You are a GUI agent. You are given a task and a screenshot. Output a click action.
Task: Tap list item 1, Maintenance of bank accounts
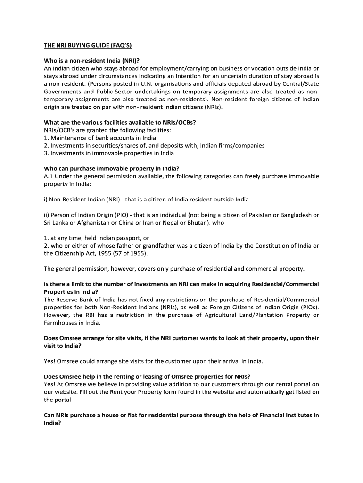pyautogui.click(x=100, y=138)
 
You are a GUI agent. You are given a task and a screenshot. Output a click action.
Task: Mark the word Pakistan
pyautogui.click(x=262, y=215)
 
